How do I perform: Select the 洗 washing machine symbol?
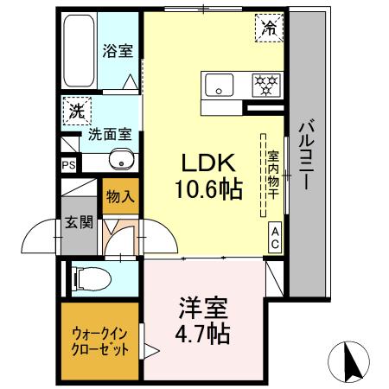76,111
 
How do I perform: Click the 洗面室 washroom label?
108,135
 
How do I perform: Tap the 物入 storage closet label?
119,195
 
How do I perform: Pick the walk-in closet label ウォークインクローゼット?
99,341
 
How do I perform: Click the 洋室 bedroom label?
204,307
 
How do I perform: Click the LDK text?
204,162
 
